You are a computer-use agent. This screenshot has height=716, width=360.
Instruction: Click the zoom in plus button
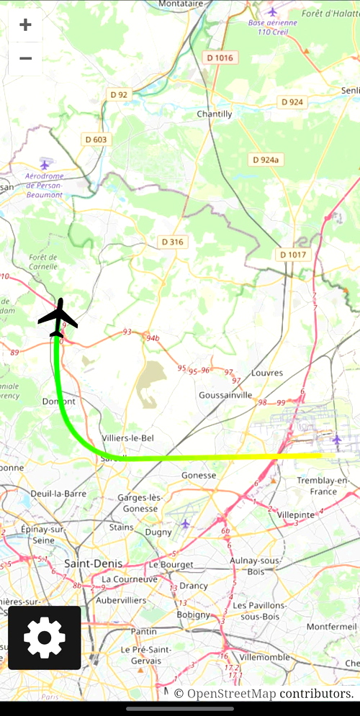(25, 25)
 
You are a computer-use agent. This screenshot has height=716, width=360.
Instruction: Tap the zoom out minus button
(25, 58)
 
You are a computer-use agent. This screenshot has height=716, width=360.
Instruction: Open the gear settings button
(45, 638)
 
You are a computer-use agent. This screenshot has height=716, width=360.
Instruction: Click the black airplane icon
(58, 317)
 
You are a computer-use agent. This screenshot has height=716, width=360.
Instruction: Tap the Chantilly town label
(215, 114)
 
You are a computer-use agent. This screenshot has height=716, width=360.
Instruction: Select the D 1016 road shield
(220, 58)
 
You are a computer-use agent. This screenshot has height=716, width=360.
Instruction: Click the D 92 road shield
(119, 94)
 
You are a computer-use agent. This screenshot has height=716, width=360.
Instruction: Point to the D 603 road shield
(96, 140)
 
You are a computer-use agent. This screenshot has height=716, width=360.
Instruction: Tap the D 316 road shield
(172, 242)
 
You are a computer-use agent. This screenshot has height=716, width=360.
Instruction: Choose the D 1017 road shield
(292, 255)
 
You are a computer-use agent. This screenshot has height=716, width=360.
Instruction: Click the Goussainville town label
(225, 395)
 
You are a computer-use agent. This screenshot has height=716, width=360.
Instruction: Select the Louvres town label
(267, 373)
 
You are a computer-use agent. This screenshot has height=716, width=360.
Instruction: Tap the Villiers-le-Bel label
(128, 438)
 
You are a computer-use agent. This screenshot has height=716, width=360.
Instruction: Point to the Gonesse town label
(199, 475)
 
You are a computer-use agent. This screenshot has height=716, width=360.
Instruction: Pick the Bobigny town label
(193, 615)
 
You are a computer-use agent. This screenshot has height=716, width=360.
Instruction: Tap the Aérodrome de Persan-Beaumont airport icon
(45, 165)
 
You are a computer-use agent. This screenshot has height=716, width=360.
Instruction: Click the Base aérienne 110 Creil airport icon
(272, 12)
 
